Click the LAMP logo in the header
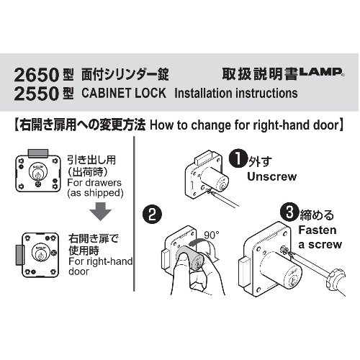[x=321, y=72]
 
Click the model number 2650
[x=37, y=75]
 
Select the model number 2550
[x=37, y=94]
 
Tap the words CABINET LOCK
[x=124, y=93]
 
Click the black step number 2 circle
[x=152, y=215]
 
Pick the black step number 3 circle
[x=289, y=212]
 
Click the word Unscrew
[x=272, y=177]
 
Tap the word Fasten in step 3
[x=318, y=230]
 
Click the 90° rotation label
[x=212, y=235]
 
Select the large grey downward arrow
[x=101, y=211]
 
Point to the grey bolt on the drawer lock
[x=38, y=153]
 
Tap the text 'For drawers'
[x=94, y=183]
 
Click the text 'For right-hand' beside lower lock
[x=101, y=261]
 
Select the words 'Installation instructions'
[x=236, y=93]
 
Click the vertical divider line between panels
[x=134, y=214]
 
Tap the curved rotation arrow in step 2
[x=204, y=247]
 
